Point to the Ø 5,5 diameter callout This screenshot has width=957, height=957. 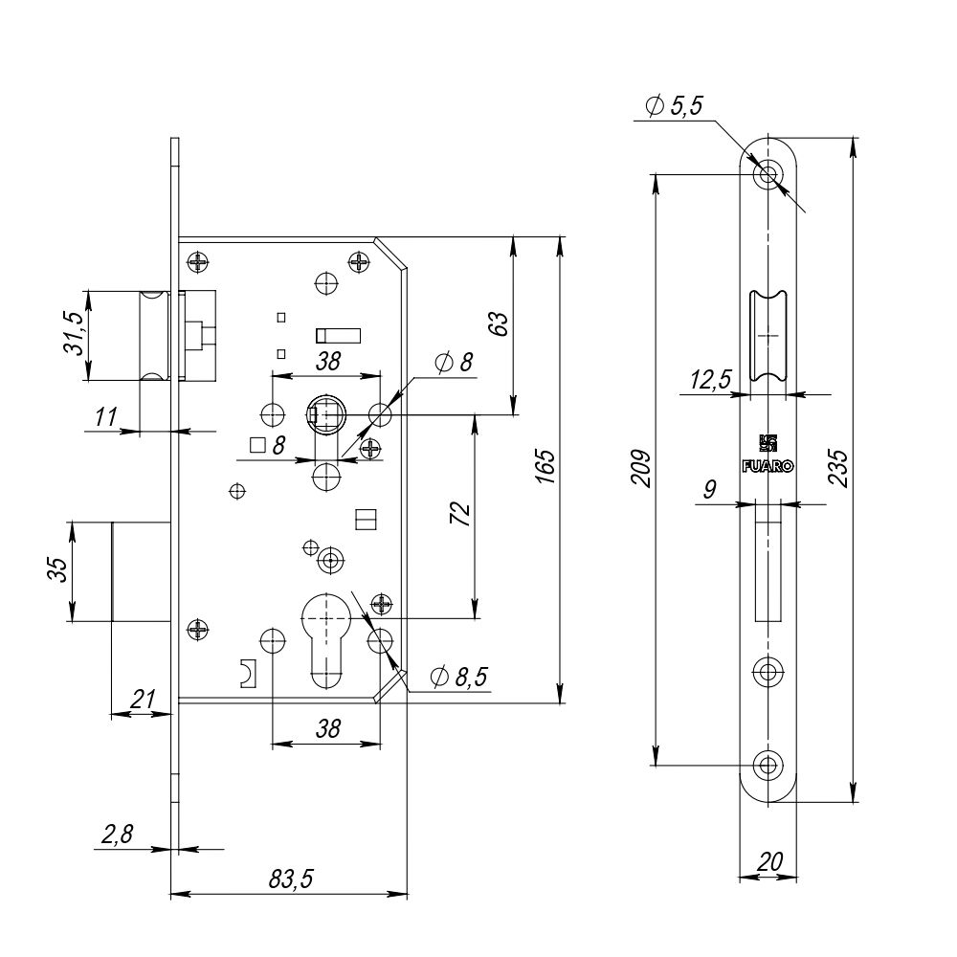point(674,107)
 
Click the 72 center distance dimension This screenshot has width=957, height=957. point(460,514)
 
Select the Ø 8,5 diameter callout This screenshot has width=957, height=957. point(459,678)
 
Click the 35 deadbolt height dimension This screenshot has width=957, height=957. point(57,571)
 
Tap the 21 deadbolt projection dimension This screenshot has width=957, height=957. point(142,700)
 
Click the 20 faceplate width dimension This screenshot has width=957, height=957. point(768,861)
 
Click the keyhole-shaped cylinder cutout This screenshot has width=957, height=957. point(327,636)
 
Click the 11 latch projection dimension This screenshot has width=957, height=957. point(106,417)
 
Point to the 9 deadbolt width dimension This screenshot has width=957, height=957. point(709,491)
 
